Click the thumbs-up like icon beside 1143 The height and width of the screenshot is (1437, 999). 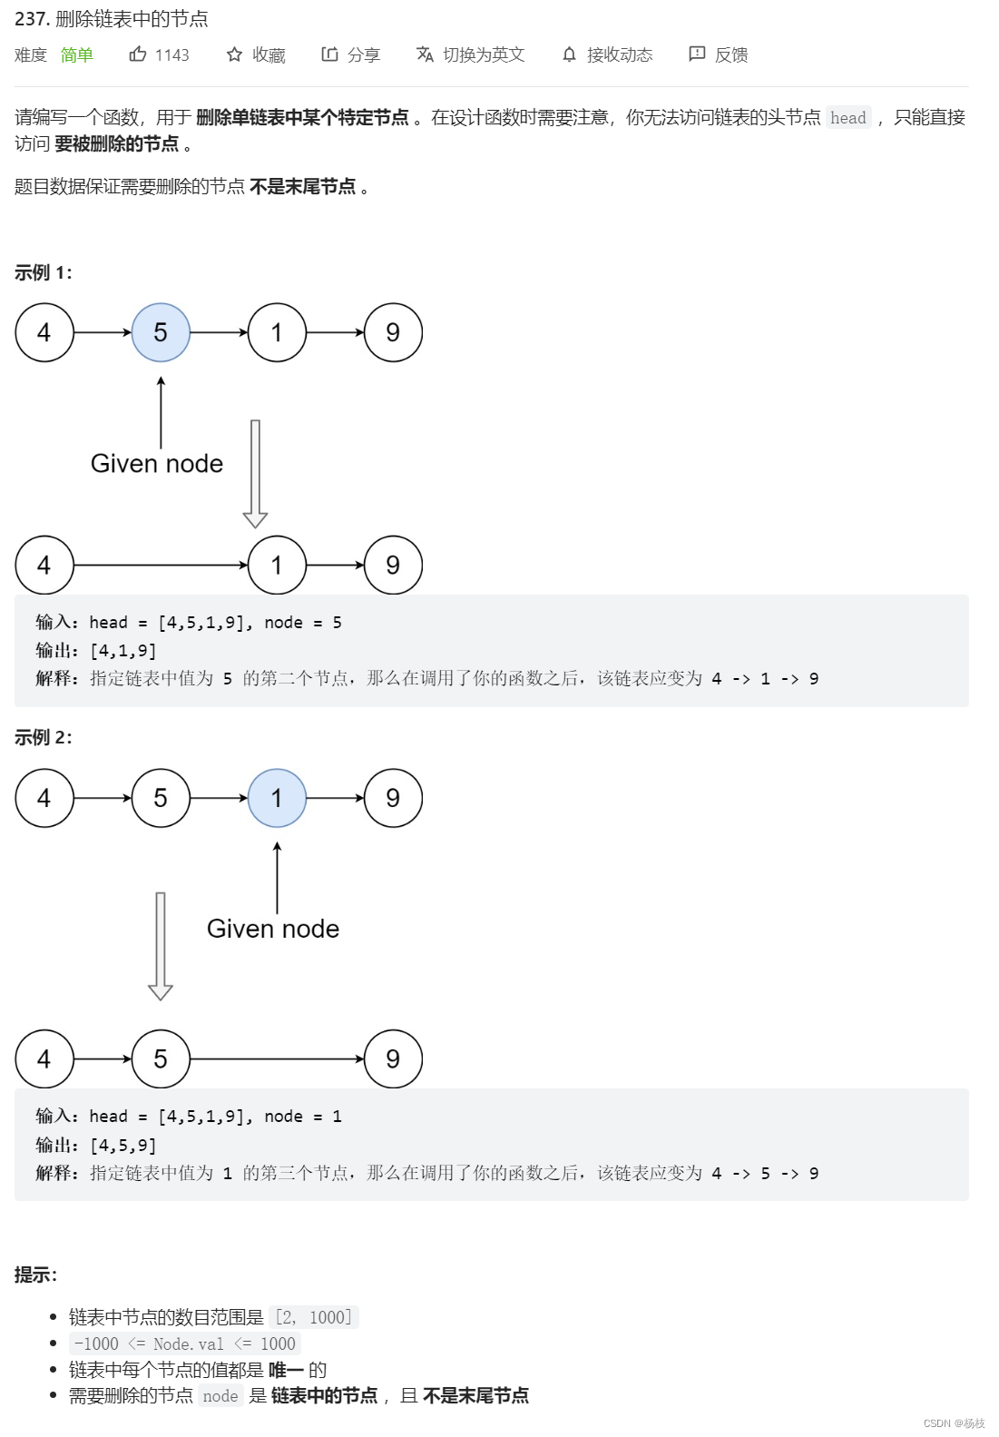[138, 54]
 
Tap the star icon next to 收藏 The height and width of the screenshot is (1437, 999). [234, 54]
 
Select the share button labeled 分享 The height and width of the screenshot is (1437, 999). [350, 55]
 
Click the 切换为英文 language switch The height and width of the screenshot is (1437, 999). [470, 55]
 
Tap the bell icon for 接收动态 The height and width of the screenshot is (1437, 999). [569, 55]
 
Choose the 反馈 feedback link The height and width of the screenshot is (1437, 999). [719, 55]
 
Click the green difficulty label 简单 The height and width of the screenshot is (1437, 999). [77, 55]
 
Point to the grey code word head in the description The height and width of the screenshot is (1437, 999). [847, 118]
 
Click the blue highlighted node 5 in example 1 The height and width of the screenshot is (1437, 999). [161, 332]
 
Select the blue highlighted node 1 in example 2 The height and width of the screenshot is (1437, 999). [277, 798]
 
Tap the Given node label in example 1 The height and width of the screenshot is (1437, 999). [157, 464]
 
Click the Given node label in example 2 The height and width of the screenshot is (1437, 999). [273, 929]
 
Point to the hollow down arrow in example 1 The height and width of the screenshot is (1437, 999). [255, 473]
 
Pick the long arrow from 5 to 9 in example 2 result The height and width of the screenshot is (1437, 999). [277, 1058]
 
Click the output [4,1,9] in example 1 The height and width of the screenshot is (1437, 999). [123, 651]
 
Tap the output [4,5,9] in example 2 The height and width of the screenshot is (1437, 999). [123, 1146]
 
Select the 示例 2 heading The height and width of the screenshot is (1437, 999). [44, 737]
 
